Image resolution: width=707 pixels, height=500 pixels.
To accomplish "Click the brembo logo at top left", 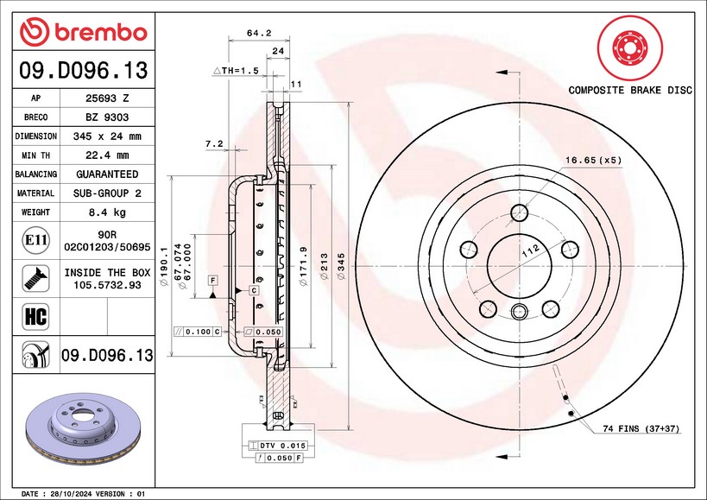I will click(x=84, y=32).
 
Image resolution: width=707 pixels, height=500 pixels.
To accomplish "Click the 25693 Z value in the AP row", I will click(x=107, y=98).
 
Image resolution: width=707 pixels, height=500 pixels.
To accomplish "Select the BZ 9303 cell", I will click(x=107, y=117).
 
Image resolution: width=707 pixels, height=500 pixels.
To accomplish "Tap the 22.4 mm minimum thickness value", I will click(x=107, y=155).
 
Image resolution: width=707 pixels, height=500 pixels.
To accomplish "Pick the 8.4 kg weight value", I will click(x=107, y=212).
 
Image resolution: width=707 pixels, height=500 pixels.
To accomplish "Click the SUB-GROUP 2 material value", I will click(x=107, y=193).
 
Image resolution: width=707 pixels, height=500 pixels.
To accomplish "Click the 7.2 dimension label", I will click(x=214, y=143).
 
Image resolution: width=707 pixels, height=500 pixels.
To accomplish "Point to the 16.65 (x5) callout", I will click(x=593, y=160).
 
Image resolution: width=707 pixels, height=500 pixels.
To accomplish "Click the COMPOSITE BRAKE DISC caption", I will click(x=629, y=90).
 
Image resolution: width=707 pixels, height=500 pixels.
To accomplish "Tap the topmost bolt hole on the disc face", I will click(x=519, y=212).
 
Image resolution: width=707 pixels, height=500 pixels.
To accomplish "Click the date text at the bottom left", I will click(x=82, y=493).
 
